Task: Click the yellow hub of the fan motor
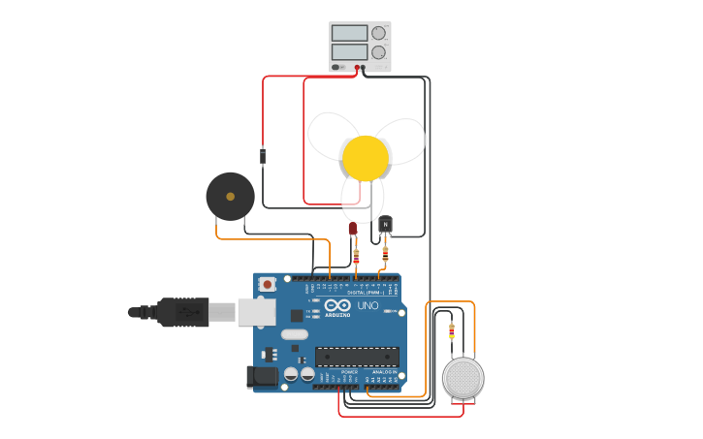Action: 366,158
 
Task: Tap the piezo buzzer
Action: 230,197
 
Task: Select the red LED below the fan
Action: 353,229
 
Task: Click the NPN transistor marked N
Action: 385,225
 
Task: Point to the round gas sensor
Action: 463,378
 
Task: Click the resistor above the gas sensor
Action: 451,330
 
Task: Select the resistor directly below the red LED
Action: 356,257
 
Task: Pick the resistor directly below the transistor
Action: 385,256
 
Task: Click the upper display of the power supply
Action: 349,33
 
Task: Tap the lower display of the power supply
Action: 349,51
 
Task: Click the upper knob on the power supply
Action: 378,33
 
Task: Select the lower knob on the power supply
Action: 378,52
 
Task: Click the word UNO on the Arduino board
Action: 368,306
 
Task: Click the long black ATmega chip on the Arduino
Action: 357,357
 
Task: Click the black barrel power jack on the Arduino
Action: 262,376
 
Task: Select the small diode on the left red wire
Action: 263,155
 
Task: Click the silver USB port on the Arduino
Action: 256,311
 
